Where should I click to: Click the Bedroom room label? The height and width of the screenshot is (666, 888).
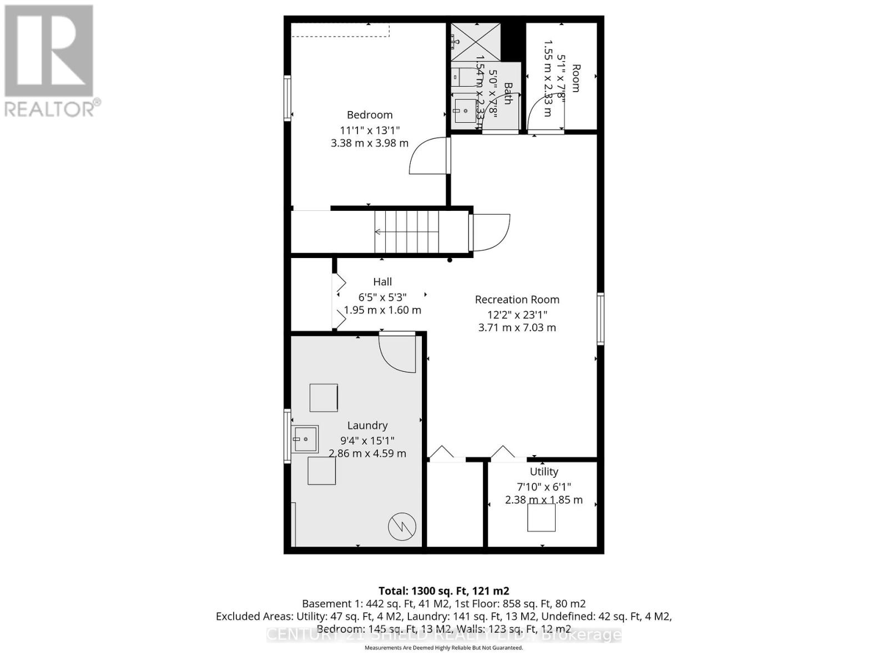(x=370, y=115)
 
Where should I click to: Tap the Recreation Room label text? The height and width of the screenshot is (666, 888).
(x=517, y=300)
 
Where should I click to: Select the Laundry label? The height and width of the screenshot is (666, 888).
(x=367, y=426)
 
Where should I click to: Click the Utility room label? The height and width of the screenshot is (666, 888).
(x=543, y=472)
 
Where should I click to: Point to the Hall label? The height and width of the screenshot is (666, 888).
(x=382, y=282)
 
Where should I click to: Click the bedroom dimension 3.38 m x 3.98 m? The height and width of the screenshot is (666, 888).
(x=370, y=143)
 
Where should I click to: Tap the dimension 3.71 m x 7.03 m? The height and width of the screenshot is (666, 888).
(x=517, y=327)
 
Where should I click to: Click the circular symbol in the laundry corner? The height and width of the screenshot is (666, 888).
(x=402, y=527)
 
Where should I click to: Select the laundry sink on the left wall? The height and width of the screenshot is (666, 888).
(x=305, y=440)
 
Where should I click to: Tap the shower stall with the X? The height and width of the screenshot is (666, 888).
(x=475, y=42)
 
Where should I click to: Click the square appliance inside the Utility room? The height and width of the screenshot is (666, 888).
(x=541, y=518)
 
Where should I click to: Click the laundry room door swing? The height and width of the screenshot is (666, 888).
(x=397, y=353)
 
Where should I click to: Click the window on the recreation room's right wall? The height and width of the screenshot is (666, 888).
(x=601, y=319)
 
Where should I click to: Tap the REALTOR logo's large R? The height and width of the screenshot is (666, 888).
(x=49, y=51)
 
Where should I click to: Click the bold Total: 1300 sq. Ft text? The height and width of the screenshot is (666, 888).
(x=443, y=591)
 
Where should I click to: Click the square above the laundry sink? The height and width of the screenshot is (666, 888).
(x=324, y=397)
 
